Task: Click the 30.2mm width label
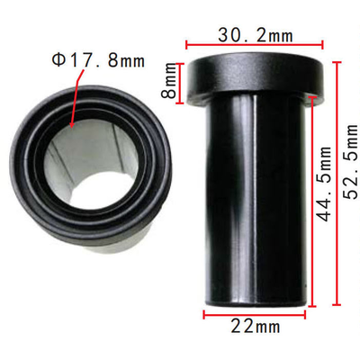pos(255,35)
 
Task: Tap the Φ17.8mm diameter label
pos(98,60)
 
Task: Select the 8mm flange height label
pos(168,80)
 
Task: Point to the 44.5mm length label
pos(324,184)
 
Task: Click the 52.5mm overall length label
pos(350,162)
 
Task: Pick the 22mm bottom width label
pos(256,327)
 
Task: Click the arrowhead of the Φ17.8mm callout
pos(72,123)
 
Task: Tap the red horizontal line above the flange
pos(255,46)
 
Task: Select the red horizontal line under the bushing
pos(255,315)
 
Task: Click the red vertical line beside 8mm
pos(180,84)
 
